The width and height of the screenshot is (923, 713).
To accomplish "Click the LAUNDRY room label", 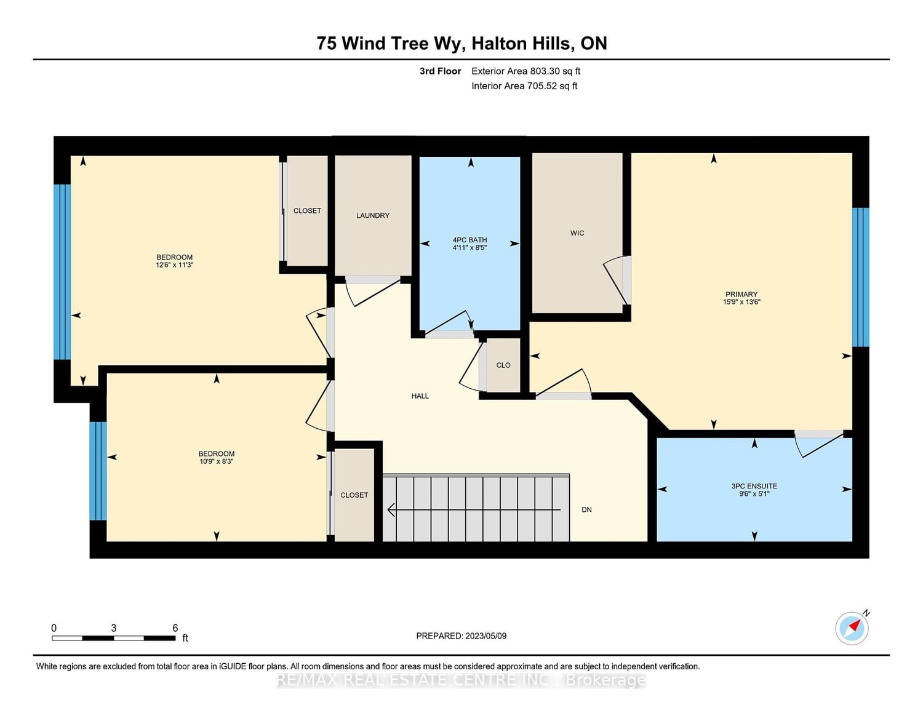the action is [x=372, y=216].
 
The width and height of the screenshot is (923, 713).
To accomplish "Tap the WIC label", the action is [x=577, y=233].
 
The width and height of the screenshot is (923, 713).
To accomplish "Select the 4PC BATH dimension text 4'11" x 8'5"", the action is [x=469, y=247].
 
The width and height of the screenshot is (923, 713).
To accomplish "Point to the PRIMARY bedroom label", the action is [x=741, y=294].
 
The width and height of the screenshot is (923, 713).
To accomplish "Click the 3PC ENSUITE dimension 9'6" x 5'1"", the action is [x=754, y=494].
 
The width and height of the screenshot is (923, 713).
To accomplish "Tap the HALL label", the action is [x=420, y=396].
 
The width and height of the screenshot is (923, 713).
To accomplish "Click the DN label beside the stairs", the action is [x=586, y=509].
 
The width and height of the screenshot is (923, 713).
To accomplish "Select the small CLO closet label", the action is [x=503, y=365].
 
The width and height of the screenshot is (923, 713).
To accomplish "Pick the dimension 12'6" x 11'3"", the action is [x=174, y=265].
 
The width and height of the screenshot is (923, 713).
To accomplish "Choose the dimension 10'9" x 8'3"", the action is [x=216, y=461].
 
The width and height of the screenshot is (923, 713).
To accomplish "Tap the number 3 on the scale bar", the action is [x=113, y=628].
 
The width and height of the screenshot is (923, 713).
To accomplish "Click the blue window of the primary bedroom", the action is [x=861, y=277].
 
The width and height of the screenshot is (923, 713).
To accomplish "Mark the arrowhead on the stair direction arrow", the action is [x=391, y=509].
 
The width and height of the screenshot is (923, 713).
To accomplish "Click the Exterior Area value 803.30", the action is [x=545, y=71].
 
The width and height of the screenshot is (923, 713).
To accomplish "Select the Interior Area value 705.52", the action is [x=541, y=86].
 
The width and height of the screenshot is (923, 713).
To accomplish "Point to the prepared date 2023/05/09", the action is [x=485, y=636].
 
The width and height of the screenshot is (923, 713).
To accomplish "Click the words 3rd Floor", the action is [x=440, y=71].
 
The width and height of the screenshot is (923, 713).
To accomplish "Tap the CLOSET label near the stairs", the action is [x=354, y=495].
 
